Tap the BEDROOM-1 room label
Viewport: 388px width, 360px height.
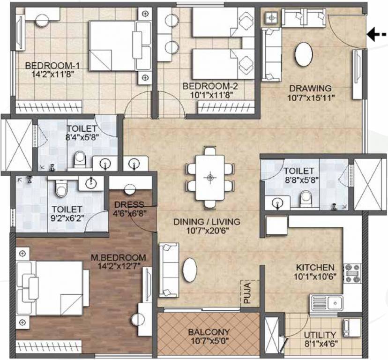45,65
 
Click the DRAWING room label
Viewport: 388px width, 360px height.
310,88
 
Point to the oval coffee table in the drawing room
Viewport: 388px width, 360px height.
304,55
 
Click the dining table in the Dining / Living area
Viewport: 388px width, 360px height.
209,178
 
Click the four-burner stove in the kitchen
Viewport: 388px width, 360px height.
352,273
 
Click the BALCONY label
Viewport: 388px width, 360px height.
208,332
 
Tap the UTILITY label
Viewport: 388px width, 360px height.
320,335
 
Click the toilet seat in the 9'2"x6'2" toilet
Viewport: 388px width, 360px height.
60,188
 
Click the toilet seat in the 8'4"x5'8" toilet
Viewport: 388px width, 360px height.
80,159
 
